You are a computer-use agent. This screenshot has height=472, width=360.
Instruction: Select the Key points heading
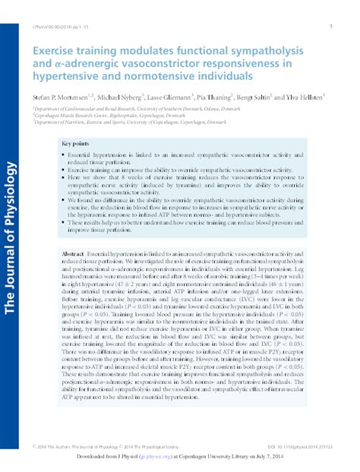[x=75, y=143]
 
